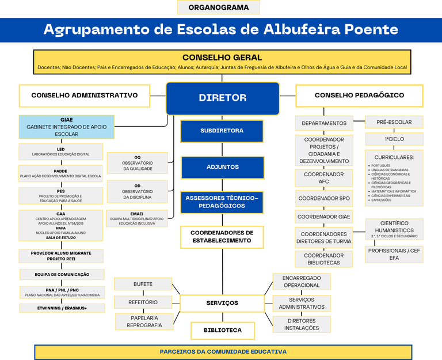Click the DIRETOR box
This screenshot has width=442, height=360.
coord(222,98)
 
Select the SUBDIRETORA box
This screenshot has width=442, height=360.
coord(222,131)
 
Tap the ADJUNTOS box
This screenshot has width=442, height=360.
coord(222,167)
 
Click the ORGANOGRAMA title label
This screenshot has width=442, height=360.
coord(218,7)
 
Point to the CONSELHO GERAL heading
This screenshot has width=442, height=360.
coord(222,58)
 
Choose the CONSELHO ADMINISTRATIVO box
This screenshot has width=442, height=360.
coord(84,96)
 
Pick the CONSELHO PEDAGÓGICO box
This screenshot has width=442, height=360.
coord(359,96)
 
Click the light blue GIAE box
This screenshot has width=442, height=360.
coord(66,127)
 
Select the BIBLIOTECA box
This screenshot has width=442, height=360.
coord(222,331)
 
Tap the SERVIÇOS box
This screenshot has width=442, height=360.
coord(222,303)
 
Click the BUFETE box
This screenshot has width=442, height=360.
coord(143,284)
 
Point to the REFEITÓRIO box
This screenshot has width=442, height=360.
coord(143,302)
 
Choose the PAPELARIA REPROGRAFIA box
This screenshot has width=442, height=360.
coord(144,321)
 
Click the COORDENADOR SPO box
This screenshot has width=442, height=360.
coord(324,198)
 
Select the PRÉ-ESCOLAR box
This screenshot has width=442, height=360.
coord(394,122)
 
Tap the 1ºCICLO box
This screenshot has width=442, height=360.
coord(394,139)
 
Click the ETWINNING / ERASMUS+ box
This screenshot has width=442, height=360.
coord(62,308)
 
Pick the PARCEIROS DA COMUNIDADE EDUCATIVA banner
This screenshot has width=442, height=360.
coord(223,351)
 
